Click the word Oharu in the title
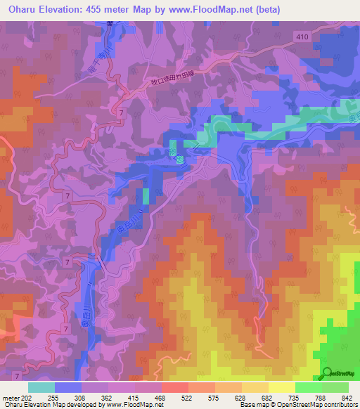tap(21, 9)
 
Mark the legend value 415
tap(133, 397)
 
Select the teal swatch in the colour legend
tap(41, 387)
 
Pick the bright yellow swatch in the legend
tap(282, 387)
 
